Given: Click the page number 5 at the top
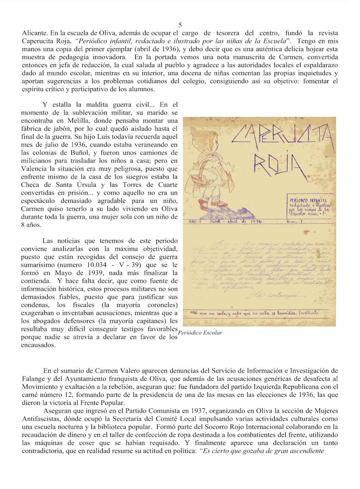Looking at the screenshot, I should tap(180, 25).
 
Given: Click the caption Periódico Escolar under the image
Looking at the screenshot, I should tap(200, 333).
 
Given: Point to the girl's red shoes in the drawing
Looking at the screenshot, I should tap(210, 205).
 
